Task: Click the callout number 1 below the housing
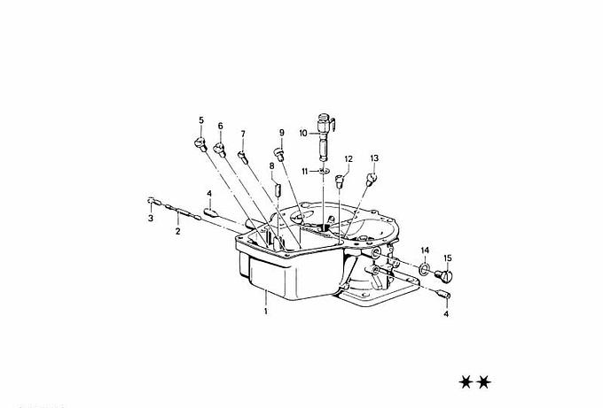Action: (266, 311)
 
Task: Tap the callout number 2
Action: (177, 232)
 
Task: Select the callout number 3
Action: (151, 219)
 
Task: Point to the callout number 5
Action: (201, 120)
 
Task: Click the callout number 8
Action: (272, 166)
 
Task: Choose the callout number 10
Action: (303, 133)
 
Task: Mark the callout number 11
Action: (304, 171)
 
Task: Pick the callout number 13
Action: (374, 158)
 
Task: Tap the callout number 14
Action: (425, 250)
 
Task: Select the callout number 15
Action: (448, 258)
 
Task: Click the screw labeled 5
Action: (200, 145)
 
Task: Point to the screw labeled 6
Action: (220, 150)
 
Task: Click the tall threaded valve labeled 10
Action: (325, 137)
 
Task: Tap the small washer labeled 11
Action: (325, 170)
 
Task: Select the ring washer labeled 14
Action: (424, 269)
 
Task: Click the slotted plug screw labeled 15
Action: (444, 275)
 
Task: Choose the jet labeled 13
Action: (371, 180)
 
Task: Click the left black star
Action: (466, 382)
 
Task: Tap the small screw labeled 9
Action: (279, 155)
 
